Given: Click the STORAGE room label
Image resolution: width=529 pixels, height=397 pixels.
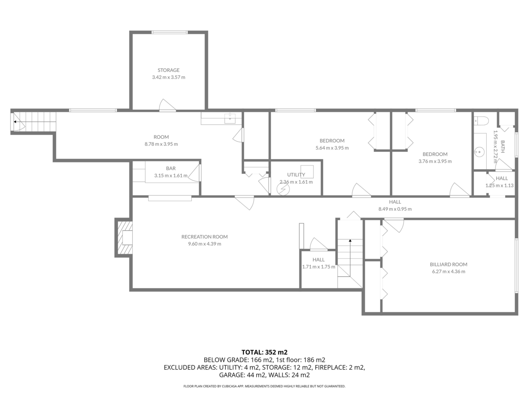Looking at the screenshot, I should point(168,70).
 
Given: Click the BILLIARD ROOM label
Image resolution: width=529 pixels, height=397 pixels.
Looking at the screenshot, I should point(448,264).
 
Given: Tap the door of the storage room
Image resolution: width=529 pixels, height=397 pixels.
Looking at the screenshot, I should point(167,105).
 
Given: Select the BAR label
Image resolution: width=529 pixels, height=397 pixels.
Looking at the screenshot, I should point(171,169).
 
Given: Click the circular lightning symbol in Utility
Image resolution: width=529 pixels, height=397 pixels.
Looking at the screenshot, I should point(283,189).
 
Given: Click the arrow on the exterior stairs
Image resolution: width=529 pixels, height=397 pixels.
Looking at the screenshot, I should point(15,122).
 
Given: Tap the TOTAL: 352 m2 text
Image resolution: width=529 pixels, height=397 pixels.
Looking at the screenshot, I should point(264,352).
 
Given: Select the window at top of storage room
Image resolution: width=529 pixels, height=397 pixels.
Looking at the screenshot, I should point(170,32).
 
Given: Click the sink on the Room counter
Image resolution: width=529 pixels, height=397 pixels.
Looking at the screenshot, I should point(230,118).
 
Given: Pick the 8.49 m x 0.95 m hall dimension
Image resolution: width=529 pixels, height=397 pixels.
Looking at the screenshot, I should point(395,209).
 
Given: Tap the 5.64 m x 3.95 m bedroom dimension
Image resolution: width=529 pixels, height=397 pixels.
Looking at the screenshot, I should point(332,148).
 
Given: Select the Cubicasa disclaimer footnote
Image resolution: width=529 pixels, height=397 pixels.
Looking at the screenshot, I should point(264,386).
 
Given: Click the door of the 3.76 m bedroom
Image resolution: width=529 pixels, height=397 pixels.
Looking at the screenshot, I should point(459,190).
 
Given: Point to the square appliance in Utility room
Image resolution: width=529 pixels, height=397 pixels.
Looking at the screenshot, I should point(307,171).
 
